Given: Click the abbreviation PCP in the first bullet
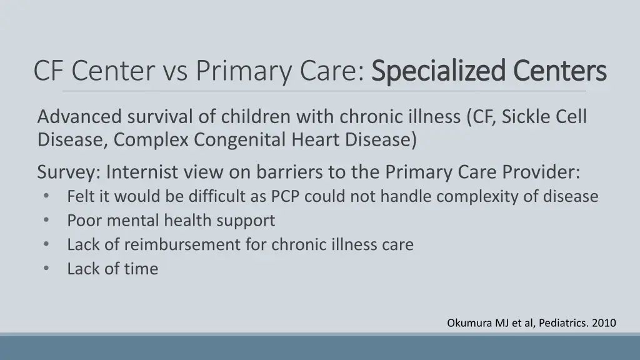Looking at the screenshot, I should click(x=285, y=197).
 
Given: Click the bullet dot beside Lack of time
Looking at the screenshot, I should click(x=47, y=269).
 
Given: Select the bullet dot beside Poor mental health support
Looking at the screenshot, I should click(x=47, y=221).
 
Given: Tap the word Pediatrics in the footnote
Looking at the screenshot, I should click(x=560, y=323).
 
